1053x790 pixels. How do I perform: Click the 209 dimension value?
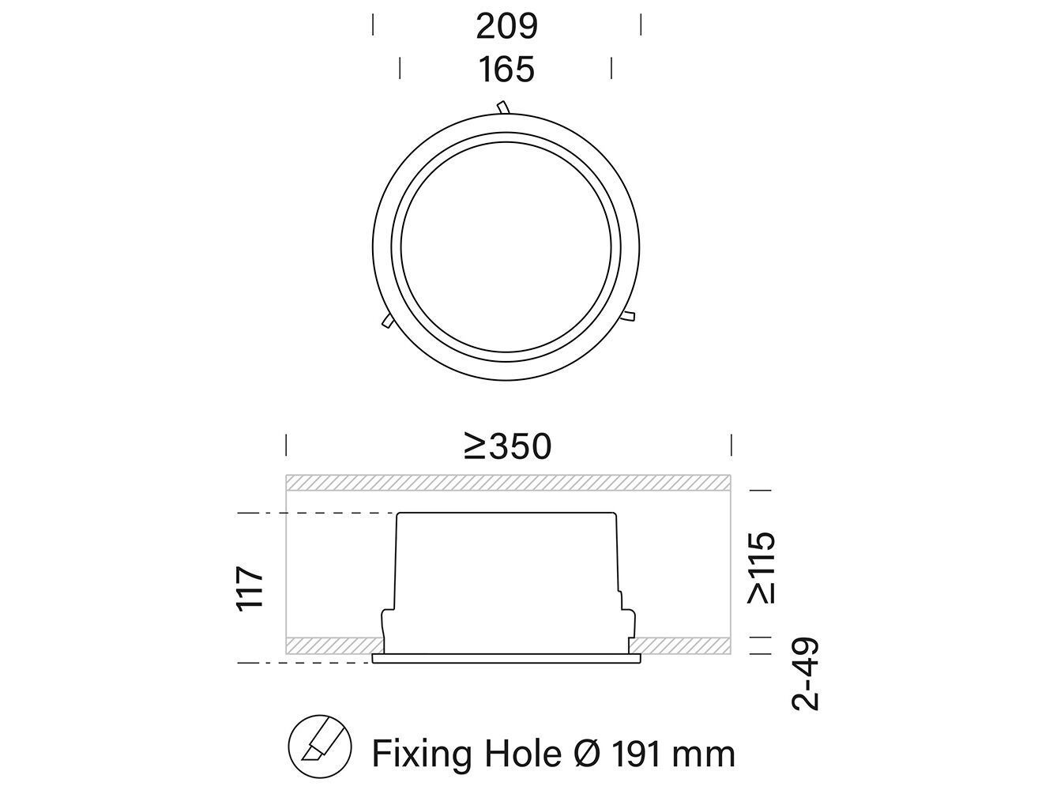pos(506,26)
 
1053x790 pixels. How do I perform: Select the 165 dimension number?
pos(506,70)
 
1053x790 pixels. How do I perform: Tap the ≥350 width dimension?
pos(507,446)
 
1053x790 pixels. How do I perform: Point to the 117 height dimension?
pos(250,587)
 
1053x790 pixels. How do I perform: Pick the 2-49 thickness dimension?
pos(807,674)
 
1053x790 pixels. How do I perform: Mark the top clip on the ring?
pos(502,107)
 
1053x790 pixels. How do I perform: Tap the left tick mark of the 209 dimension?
pos(374,25)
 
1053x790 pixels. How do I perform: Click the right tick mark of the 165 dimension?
pos(611,69)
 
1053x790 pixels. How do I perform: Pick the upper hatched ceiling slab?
pos(507,482)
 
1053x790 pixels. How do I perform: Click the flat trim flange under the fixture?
pos(506,658)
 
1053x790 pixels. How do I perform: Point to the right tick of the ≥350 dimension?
pos(731,445)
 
